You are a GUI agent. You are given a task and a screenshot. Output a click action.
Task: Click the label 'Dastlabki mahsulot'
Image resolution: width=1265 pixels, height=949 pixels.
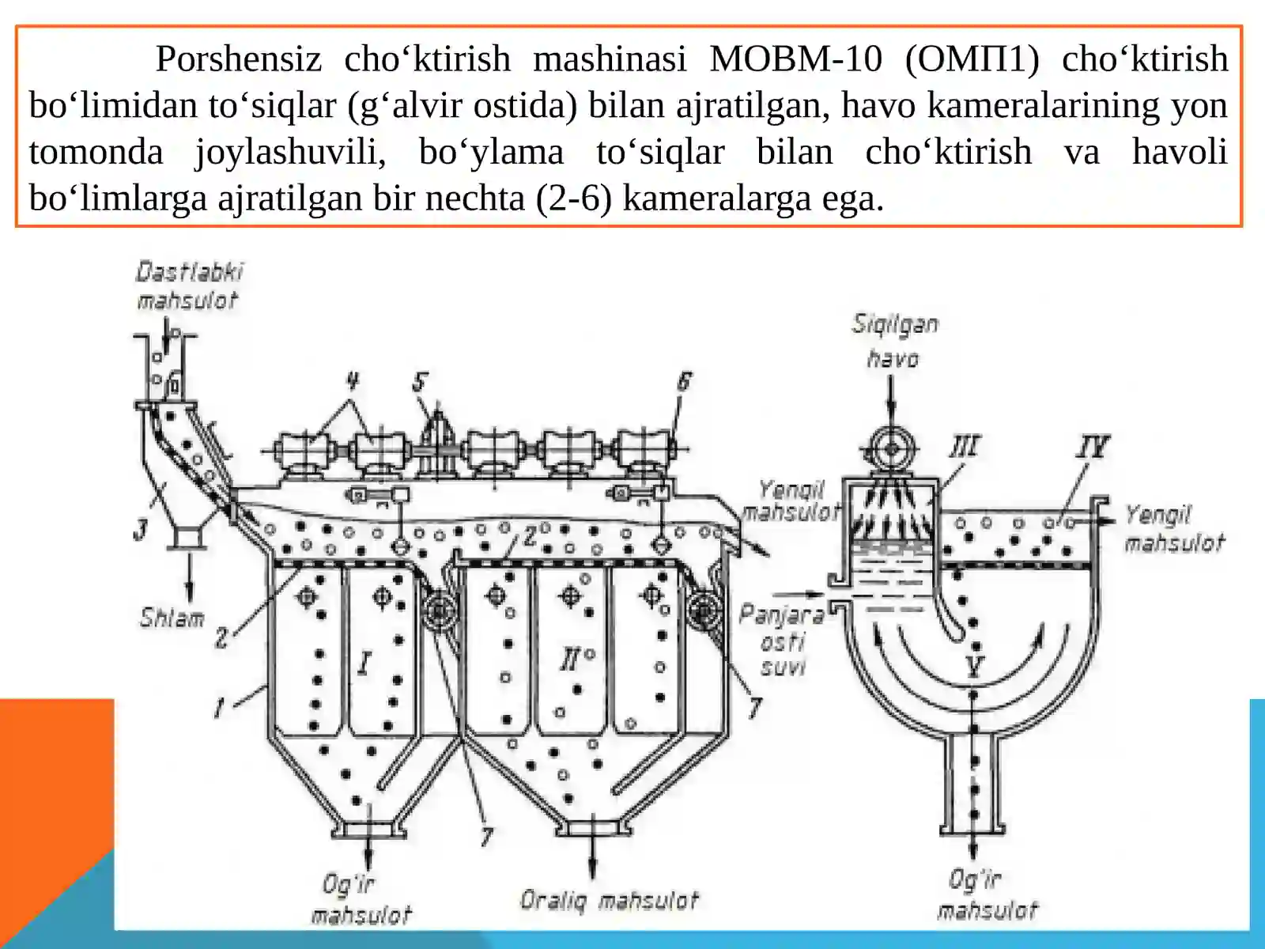[x=189, y=286]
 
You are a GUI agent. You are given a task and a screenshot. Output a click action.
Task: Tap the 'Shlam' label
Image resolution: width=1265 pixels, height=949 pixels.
[x=172, y=618]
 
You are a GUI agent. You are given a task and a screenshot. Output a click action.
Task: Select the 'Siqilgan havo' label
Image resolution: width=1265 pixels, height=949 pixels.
[x=894, y=341]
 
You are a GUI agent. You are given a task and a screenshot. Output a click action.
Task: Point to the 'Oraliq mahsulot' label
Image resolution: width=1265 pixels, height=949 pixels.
[x=610, y=901]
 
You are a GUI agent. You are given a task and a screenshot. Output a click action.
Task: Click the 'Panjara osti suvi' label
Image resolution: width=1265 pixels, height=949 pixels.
[x=781, y=641]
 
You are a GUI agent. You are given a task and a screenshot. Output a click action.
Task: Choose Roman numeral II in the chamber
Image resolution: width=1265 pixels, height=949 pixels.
[x=570, y=659]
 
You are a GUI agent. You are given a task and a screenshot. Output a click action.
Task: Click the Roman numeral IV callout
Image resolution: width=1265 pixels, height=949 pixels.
[x=1093, y=447]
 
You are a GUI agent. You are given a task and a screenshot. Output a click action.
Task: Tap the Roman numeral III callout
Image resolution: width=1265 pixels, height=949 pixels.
[x=965, y=447]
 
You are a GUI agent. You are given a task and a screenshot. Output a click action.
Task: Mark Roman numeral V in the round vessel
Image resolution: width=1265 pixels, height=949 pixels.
[x=974, y=667]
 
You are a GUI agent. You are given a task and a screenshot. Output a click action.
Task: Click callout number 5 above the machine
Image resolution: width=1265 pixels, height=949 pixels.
[x=420, y=383]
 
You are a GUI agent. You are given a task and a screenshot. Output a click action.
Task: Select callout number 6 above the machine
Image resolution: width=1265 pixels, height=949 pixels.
[x=683, y=383]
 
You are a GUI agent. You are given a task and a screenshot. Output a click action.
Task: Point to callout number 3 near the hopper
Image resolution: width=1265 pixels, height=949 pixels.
[x=141, y=529]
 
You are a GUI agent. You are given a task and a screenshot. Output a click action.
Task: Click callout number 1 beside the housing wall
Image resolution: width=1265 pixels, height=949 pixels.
[x=219, y=706]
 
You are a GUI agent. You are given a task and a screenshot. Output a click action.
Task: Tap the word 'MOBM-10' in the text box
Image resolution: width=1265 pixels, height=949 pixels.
[x=795, y=59]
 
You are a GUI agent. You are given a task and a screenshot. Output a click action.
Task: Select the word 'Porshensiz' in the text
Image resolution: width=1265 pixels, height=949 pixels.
[x=238, y=59]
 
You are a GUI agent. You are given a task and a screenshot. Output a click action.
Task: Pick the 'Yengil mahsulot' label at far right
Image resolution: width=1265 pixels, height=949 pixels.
[x=1173, y=529]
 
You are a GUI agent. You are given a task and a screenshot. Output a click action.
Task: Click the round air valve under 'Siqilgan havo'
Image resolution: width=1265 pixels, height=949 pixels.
[x=891, y=449]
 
